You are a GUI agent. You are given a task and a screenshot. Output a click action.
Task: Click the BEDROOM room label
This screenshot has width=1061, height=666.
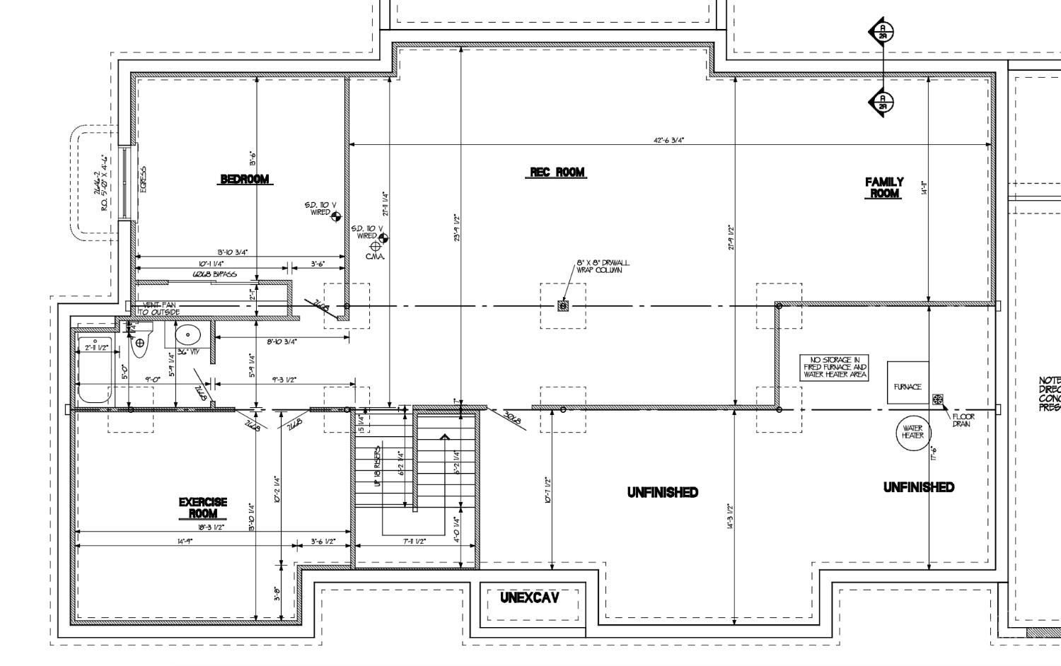coord(245,179)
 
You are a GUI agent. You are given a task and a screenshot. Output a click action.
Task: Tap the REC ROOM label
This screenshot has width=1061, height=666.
coord(558,172)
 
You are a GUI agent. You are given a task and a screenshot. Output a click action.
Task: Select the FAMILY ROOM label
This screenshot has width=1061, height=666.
coord(884,187)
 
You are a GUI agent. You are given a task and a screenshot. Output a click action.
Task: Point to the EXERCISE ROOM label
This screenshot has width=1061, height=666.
coord(203,508)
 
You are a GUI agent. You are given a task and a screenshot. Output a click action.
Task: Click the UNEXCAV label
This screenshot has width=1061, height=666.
coord(529,597)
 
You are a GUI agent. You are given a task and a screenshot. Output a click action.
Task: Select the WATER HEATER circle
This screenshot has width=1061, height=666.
coord(912,432)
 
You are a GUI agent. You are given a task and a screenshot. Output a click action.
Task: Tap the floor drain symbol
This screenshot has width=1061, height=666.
coord(938,400)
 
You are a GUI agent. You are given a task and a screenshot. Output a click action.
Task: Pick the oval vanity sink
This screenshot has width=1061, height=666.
coord(187,334)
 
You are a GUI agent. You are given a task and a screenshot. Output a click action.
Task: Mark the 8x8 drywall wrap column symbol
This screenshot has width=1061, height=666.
coord(563,305)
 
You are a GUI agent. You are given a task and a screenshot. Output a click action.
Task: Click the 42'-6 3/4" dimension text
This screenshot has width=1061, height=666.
coord(668,140)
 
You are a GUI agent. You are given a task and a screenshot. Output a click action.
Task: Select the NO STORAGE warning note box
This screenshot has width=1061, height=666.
coord(835,368)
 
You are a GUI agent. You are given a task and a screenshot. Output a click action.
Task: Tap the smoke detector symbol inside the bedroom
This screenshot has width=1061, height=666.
coord(336,216)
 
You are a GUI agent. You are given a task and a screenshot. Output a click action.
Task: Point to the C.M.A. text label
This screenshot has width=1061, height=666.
coord(375,256)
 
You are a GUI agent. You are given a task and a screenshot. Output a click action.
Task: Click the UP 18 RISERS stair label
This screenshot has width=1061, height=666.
coord(378,466)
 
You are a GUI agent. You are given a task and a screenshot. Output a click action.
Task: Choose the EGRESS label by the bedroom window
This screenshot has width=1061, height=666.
coord(143,180)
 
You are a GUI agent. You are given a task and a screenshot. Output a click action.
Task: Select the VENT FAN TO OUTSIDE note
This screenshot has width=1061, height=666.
coord(160,308)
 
